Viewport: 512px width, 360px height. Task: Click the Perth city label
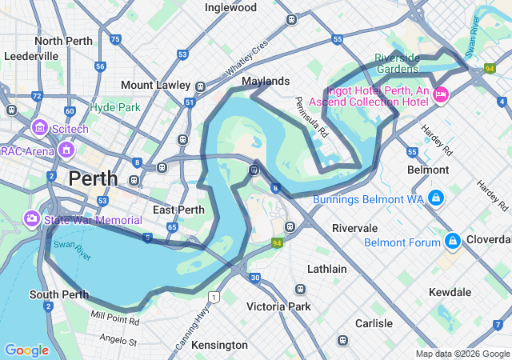click(x=94, y=178)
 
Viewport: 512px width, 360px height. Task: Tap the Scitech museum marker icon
click(x=39, y=127)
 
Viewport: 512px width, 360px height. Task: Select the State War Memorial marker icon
click(x=31, y=218)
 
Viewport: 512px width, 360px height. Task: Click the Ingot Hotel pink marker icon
click(x=440, y=96)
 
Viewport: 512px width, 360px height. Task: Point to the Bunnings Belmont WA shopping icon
click(x=435, y=198)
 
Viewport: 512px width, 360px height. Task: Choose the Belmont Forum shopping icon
click(x=452, y=240)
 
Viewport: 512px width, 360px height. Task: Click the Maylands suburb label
click(x=266, y=82)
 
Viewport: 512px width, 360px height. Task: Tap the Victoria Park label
click(x=278, y=306)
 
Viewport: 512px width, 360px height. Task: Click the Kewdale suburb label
click(x=450, y=293)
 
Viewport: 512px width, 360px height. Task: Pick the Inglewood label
click(x=230, y=8)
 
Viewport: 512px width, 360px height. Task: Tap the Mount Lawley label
click(x=155, y=85)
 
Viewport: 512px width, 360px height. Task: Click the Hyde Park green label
click(x=115, y=107)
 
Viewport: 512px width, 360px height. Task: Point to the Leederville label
click(x=31, y=57)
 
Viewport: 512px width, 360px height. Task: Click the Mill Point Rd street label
click(x=116, y=318)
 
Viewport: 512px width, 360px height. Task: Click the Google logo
click(x=26, y=350)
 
